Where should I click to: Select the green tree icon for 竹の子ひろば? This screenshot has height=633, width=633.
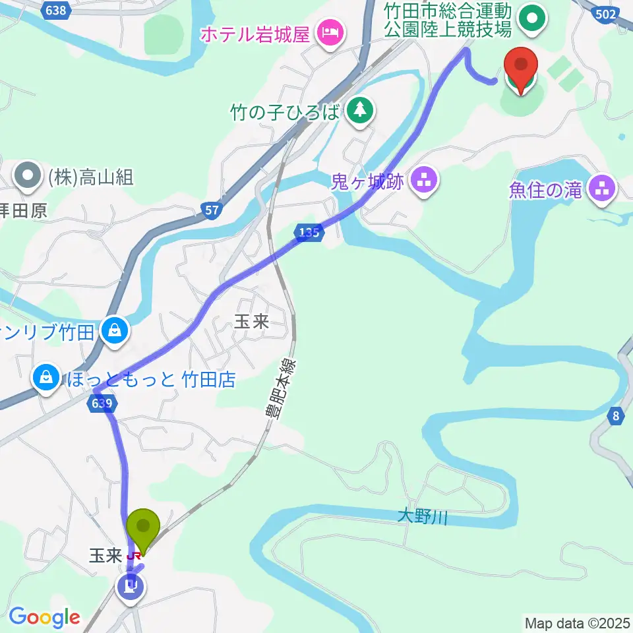[359, 110]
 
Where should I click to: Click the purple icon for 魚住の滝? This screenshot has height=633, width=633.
[602, 190]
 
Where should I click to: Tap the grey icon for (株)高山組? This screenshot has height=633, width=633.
[27, 176]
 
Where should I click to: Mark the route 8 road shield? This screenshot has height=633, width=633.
[616, 415]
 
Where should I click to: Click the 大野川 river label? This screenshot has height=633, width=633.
[423, 517]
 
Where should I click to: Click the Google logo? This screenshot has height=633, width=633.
[44, 618]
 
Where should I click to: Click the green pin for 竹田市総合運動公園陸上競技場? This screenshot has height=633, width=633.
[532, 18]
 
